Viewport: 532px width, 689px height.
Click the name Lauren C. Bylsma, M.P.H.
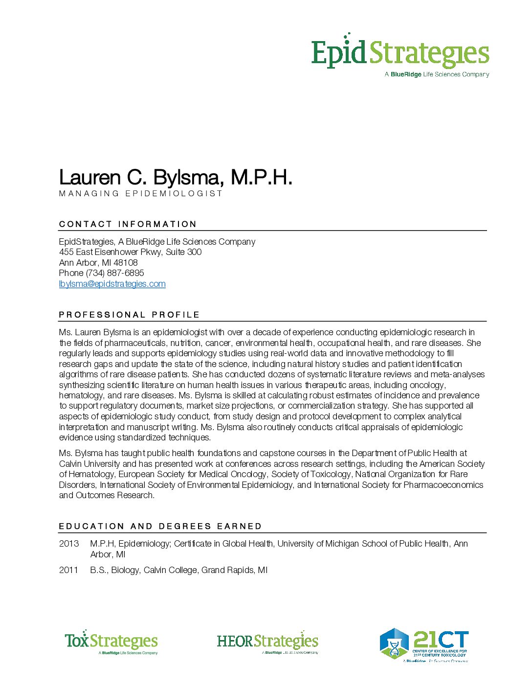175,177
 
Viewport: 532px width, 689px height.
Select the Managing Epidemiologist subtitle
141,193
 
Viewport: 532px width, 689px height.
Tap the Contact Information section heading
128,224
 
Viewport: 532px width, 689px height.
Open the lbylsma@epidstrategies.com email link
112,284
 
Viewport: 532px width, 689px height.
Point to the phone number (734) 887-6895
114,273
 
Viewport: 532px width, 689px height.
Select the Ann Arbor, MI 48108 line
98,263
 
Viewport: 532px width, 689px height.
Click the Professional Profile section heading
129,315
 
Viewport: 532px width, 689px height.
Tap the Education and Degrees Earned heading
160,526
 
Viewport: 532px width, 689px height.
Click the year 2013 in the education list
68,544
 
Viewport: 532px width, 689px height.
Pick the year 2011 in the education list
68,570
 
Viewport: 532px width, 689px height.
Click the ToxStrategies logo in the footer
111,642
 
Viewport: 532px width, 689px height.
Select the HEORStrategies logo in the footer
267,642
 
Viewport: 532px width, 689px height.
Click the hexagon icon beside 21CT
394,643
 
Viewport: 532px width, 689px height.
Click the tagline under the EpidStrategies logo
437,74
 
